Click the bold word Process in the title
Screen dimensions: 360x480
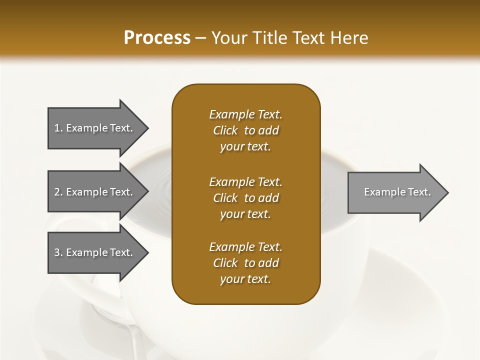(x=157, y=38)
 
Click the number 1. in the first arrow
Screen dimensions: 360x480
(x=58, y=128)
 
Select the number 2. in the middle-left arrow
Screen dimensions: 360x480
(x=58, y=192)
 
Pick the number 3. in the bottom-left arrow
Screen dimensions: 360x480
(x=58, y=252)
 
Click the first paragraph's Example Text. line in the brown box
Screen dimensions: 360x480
(x=245, y=114)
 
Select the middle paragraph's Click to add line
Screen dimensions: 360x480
(x=245, y=198)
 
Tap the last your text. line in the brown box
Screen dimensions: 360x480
(x=245, y=279)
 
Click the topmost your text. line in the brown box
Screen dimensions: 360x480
(x=245, y=147)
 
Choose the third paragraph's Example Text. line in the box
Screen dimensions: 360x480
(x=245, y=247)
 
